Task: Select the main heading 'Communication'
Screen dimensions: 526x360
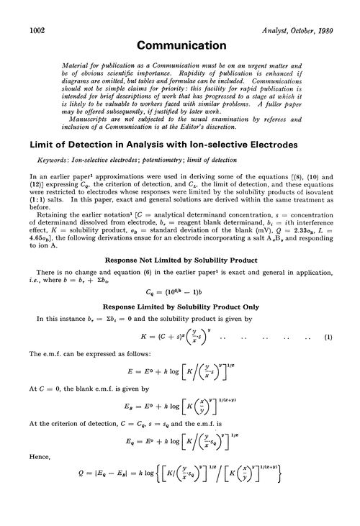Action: click(180, 46)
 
